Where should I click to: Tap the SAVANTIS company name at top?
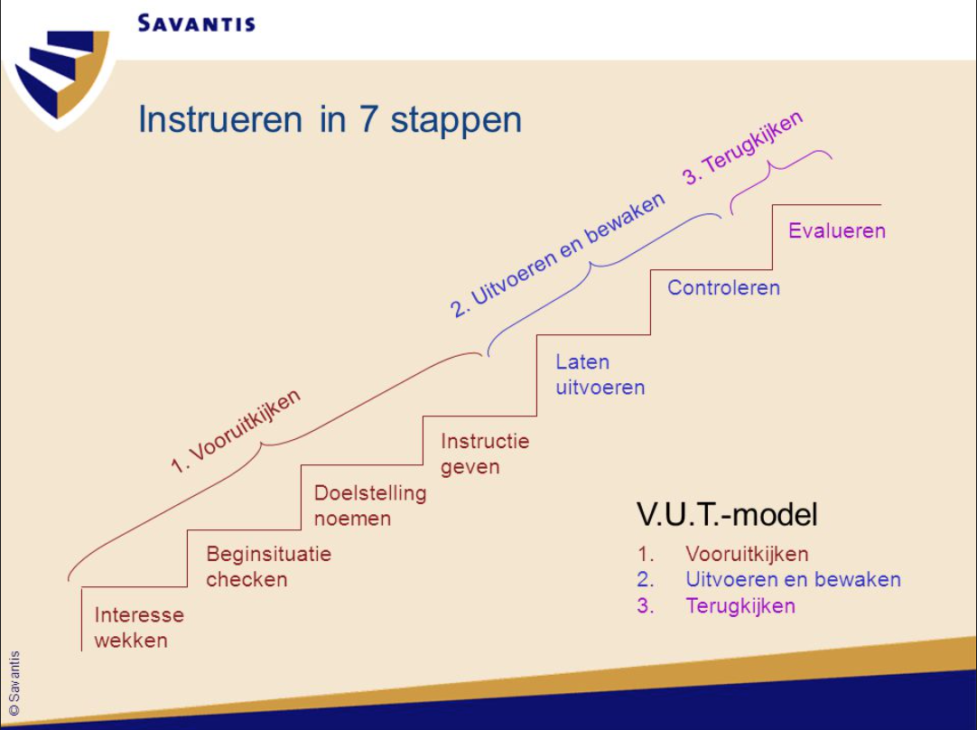(x=196, y=23)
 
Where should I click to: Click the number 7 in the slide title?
(x=376, y=119)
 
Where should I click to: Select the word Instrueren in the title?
(x=220, y=119)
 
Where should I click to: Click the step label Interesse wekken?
(x=138, y=627)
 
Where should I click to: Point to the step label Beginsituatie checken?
(x=267, y=566)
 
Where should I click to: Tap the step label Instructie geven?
(x=484, y=454)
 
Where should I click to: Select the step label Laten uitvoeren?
(x=600, y=374)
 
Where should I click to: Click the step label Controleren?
(x=723, y=287)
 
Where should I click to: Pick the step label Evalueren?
(x=836, y=230)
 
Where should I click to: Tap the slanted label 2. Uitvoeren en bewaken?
(x=557, y=255)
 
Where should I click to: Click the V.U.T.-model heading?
(x=727, y=514)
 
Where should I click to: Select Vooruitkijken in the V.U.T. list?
(x=746, y=554)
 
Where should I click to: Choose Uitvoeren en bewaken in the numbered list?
(x=792, y=579)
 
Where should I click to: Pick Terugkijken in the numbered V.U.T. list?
(x=740, y=605)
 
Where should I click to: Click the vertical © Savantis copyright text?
(x=14, y=682)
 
